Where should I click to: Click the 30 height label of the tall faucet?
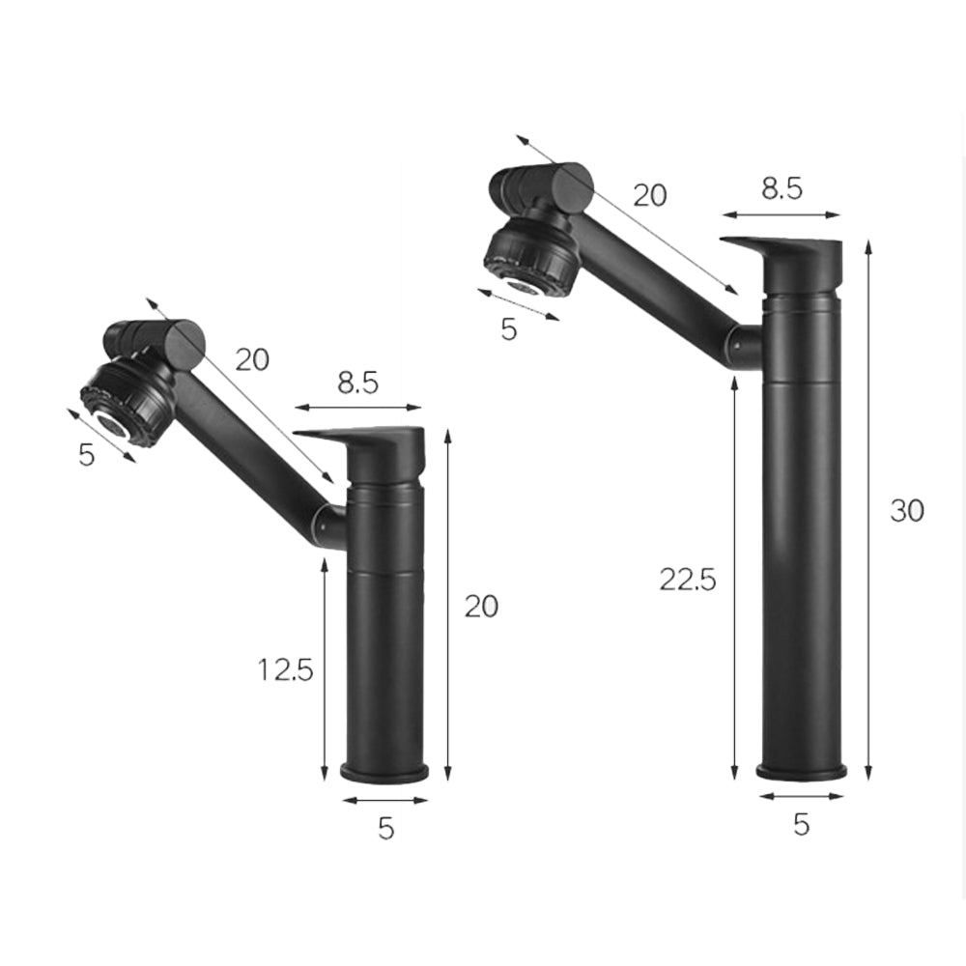click(x=907, y=510)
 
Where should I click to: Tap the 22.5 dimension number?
click(x=688, y=580)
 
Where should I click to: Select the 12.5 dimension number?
click(x=286, y=668)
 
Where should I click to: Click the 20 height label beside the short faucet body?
click(x=481, y=607)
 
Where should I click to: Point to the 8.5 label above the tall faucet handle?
click(x=781, y=188)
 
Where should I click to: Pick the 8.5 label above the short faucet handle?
click(x=357, y=383)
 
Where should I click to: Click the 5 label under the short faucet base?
click(x=385, y=829)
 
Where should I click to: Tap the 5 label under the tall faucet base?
click(x=801, y=824)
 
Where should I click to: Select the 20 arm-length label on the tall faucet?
click(x=650, y=195)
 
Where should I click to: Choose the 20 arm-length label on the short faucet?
click(x=252, y=359)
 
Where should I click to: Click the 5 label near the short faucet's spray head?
click(x=87, y=454)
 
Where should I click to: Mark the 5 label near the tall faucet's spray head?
click(x=509, y=328)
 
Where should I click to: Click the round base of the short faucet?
click(x=385, y=773)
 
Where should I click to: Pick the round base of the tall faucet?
click(x=801, y=771)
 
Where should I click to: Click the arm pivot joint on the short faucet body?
click(x=328, y=526)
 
